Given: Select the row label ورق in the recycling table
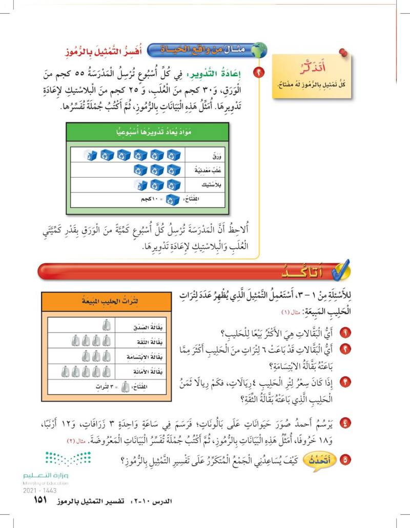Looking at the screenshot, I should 210,155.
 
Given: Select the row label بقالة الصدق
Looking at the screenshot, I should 135,324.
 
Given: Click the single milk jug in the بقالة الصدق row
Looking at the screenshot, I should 106,324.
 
